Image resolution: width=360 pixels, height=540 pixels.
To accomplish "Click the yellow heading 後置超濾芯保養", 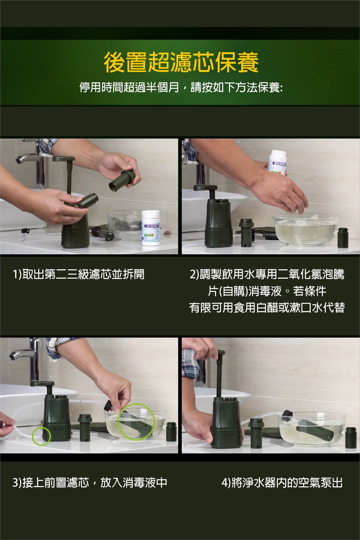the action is pyautogui.click(x=181, y=62).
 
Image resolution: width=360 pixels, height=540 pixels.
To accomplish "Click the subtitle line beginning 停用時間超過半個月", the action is pyautogui.click(x=181, y=87).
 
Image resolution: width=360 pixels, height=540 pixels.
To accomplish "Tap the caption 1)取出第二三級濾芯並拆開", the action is pyautogui.click(x=79, y=274).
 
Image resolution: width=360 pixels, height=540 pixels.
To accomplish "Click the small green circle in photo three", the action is pyautogui.click(x=42, y=436).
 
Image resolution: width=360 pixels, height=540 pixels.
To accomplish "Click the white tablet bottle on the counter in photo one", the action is pyautogui.click(x=150, y=228).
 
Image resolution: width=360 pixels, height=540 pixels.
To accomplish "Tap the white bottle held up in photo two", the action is pyautogui.click(x=278, y=162).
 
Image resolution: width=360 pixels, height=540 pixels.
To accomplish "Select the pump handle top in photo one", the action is pyautogui.click(x=64, y=158).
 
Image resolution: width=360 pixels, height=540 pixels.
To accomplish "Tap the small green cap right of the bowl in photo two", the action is pyautogui.click(x=343, y=238).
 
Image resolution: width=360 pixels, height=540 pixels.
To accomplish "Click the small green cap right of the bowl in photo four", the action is pyautogui.click(x=351, y=437).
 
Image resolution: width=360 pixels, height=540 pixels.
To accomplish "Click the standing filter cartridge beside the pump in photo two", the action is pyautogui.click(x=246, y=232).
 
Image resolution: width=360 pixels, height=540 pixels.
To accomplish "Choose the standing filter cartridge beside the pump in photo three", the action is pyautogui.click(x=85, y=428).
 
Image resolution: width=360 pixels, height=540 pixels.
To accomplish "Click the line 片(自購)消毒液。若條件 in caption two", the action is pyautogui.click(x=267, y=291).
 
